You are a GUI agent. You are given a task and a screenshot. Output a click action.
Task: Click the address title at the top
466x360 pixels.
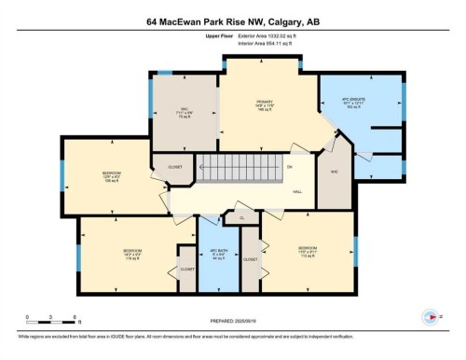pyautogui.click(x=232, y=21)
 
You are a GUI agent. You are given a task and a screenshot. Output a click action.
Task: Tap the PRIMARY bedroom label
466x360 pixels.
pyautogui.click(x=265, y=104)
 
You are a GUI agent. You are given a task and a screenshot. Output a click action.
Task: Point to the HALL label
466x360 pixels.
pyautogui.click(x=296, y=192)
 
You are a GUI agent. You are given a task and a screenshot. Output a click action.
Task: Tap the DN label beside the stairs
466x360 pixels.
pyautogui.click(x=289, y=168)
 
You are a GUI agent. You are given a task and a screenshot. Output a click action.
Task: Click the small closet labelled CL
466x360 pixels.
pyautogui.click(x=240, y=217)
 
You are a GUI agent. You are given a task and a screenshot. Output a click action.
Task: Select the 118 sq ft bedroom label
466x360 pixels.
pyautogui.click(x=132, y=253)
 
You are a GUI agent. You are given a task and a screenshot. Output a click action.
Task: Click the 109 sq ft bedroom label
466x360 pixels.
pyautogui.click(x=111, y=175)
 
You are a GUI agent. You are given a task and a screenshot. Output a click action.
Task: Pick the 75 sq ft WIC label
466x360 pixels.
pyautogui.click(x=185, y=113)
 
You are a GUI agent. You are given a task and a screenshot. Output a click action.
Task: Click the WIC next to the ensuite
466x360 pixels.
pyautogui.click(x=333, y=173)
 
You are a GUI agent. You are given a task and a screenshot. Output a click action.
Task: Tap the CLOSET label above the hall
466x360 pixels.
pyautogui.click(x=174, y=167)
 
